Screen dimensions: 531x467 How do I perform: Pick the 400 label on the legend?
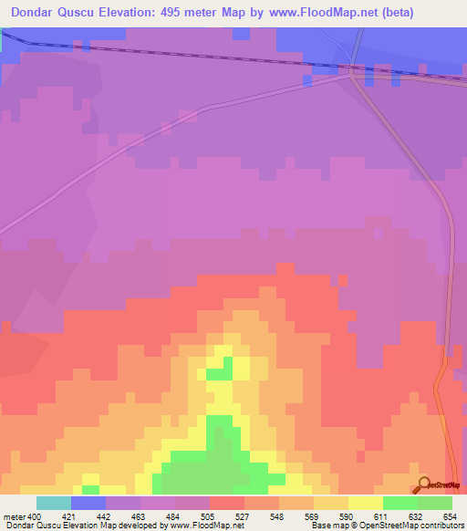point(36,516)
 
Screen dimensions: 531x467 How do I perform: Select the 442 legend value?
point(106,516)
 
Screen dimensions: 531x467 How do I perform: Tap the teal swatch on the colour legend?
point(54,503)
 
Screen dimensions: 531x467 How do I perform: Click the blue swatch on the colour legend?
point(88,503)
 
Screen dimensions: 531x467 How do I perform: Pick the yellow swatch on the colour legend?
point(366,503)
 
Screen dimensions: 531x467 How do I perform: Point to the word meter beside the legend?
point(16,516)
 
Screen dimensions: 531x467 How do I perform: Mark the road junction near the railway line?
point(353,76)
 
